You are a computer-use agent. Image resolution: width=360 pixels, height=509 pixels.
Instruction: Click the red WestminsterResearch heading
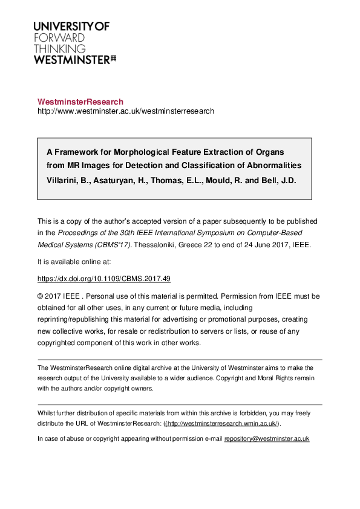tap(80, 102)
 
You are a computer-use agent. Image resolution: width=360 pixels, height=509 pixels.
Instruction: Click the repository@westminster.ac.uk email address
tap(267, 438)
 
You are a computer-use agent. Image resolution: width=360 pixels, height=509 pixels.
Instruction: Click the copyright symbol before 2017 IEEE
tap(41, 296)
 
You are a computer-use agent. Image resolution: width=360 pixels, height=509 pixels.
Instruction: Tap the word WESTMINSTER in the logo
tap(71, 59)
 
